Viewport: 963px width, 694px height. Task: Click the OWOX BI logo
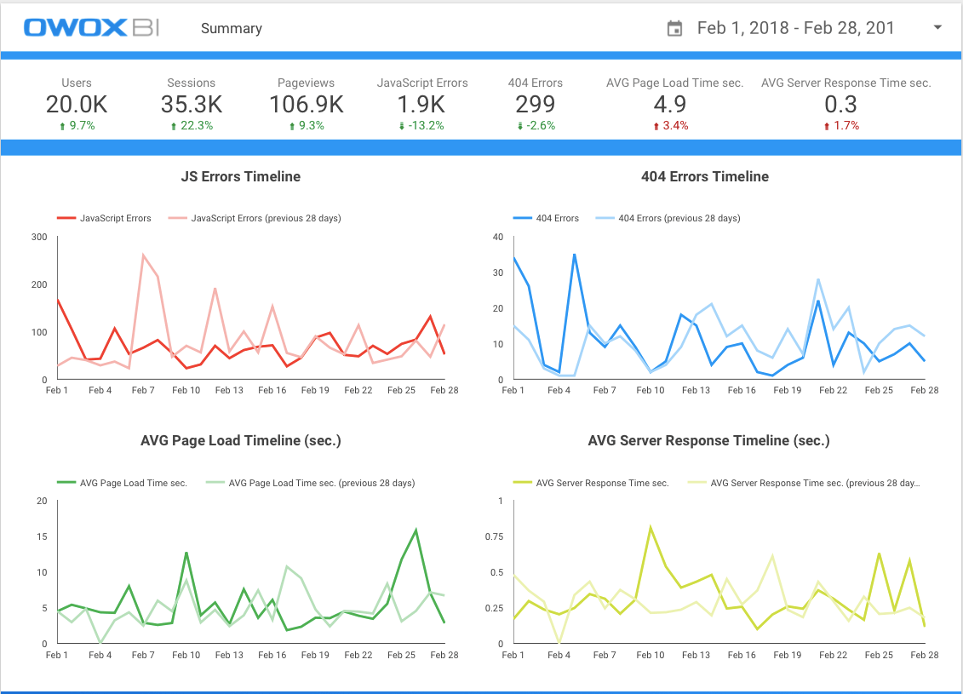point(92,28)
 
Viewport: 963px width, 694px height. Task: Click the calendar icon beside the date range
point(674,28)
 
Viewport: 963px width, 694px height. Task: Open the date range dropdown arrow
point(937,27)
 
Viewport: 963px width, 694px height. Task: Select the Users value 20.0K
point(77,104)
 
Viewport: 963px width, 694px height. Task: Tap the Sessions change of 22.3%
point(192,125)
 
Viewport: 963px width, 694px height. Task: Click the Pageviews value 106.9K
point(307,104)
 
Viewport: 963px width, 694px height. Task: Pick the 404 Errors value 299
point(535,104)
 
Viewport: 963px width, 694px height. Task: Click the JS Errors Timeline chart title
point(241,177)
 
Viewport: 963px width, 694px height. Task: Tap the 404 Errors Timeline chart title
point(705,177)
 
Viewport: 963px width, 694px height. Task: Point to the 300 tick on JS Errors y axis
point(38,237)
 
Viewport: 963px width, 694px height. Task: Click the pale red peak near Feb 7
point(143,255)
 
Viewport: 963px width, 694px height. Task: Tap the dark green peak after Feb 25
point(416,531)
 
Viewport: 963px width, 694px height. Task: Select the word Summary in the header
point(232,28)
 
